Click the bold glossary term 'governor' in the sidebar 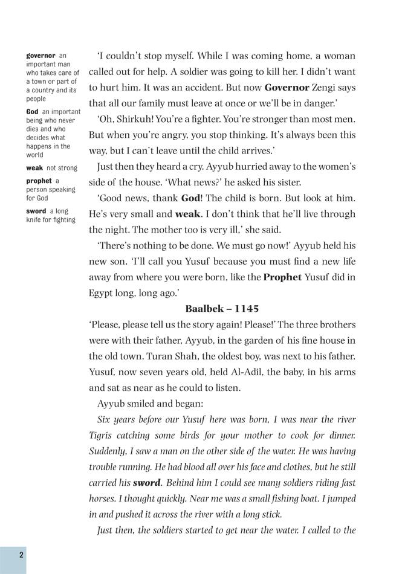(x=41, y=56)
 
